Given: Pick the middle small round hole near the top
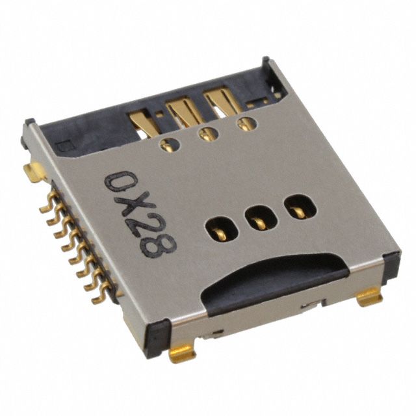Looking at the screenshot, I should click(x=208, y=135).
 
